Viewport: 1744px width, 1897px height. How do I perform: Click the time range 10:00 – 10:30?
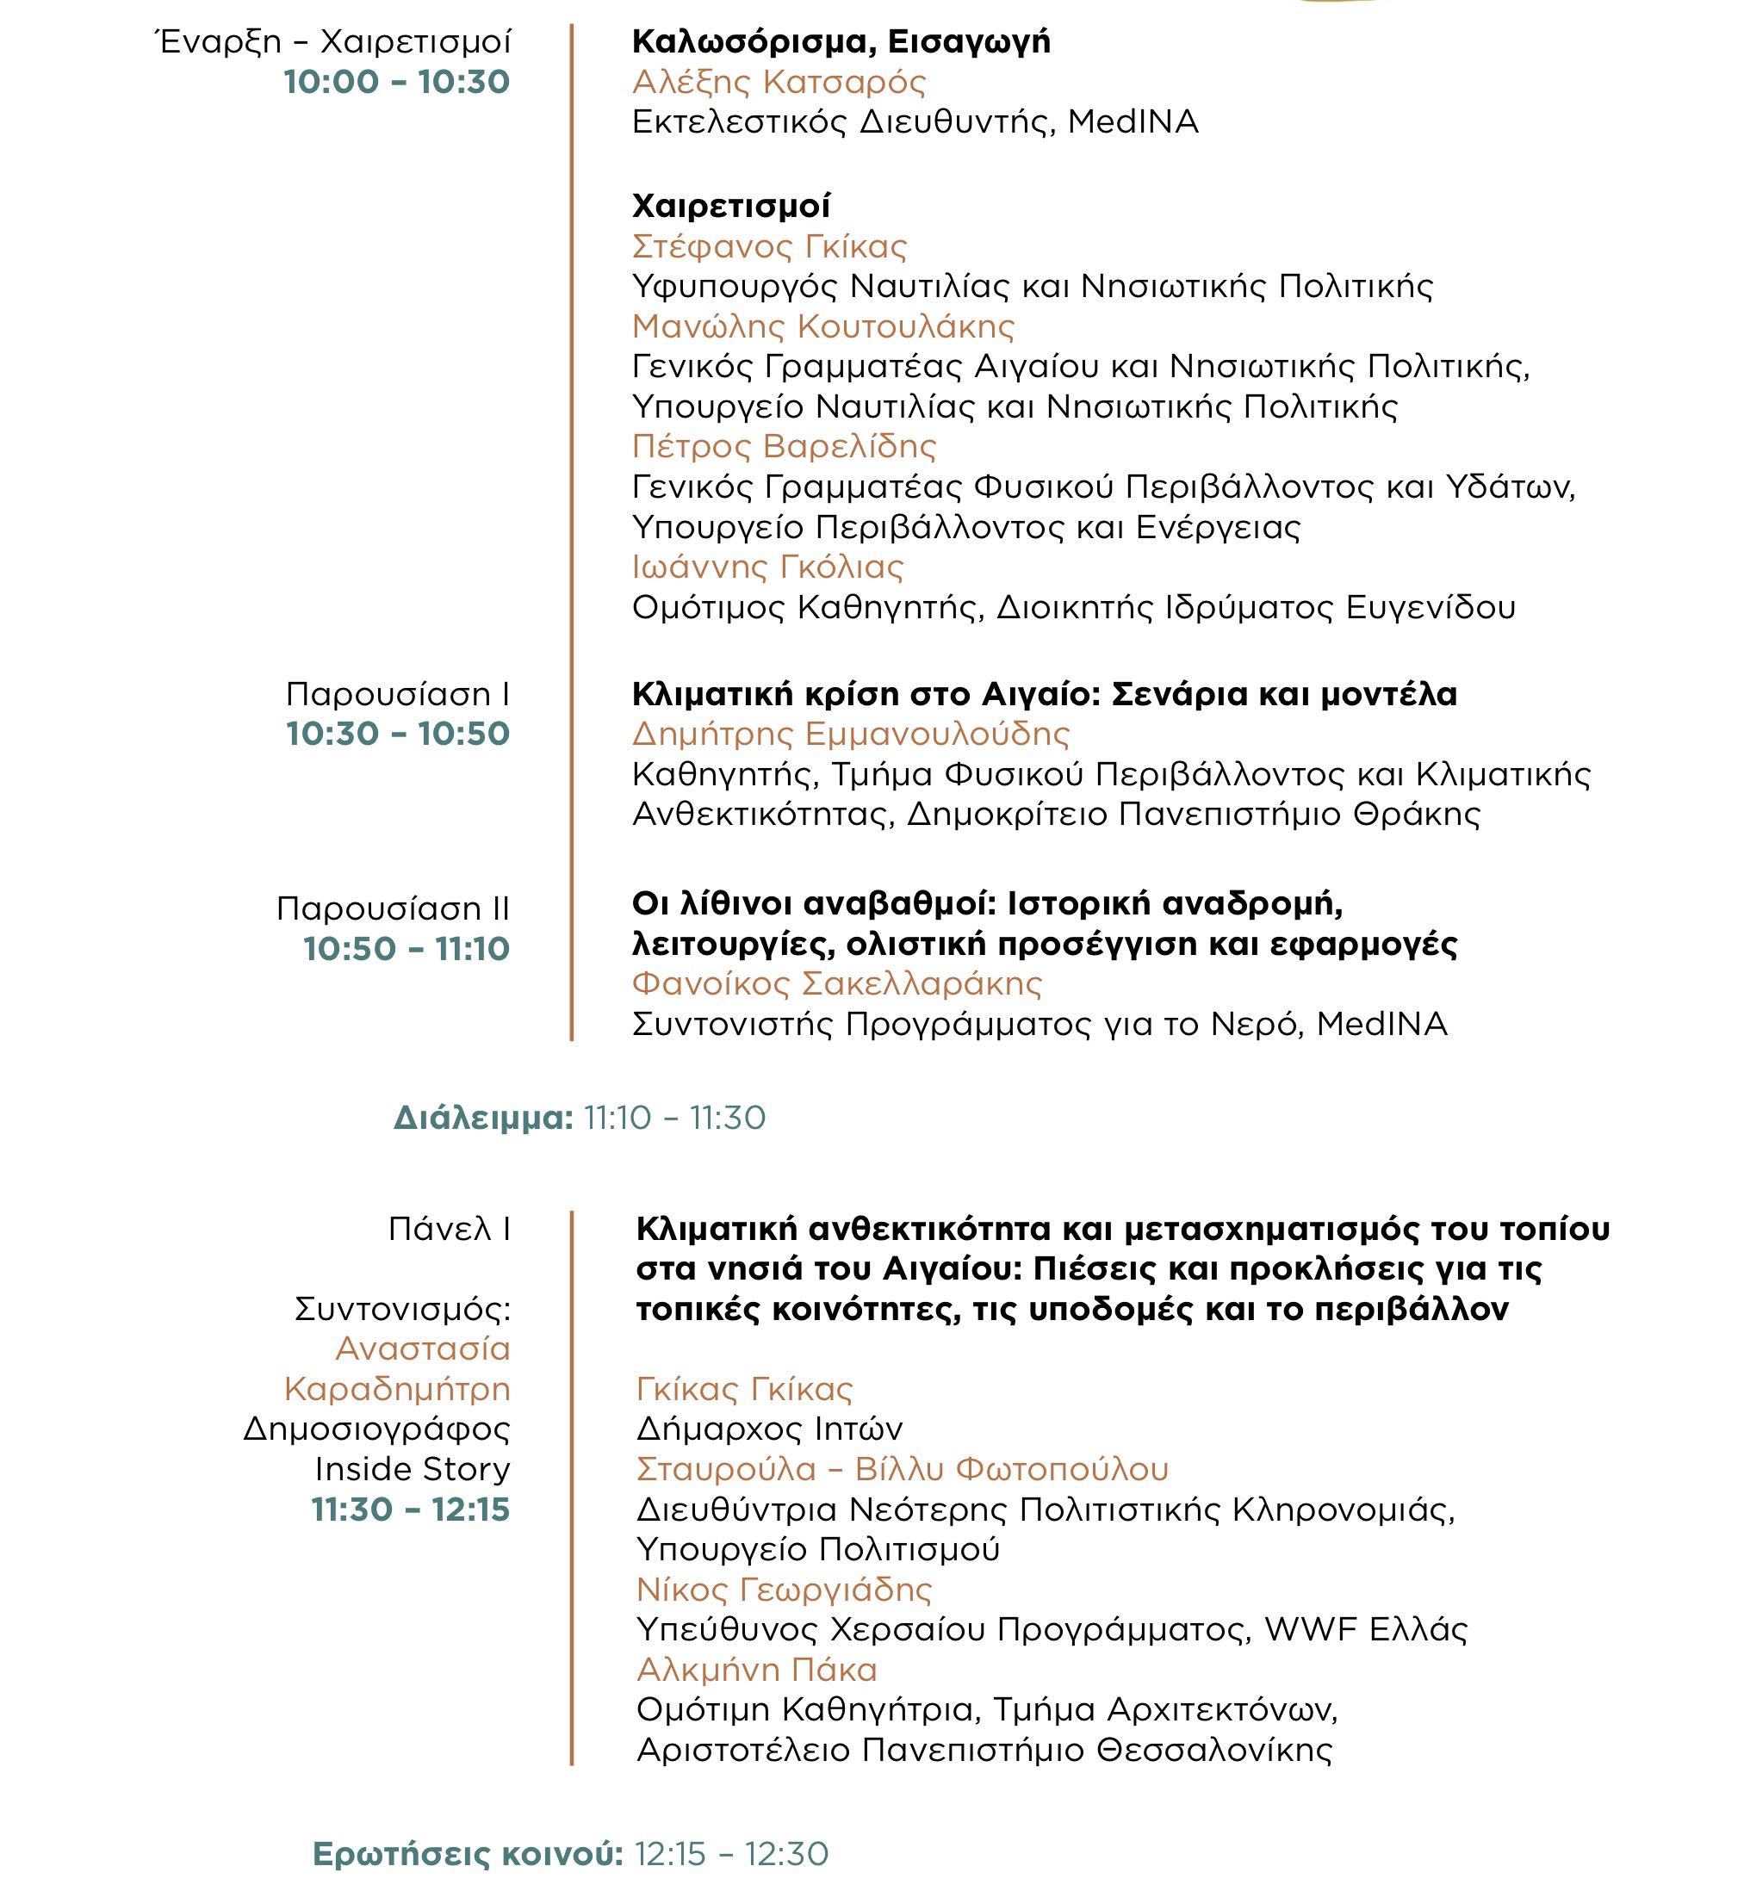point(396,82)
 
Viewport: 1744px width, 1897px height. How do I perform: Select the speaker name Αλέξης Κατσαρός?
point(779,82)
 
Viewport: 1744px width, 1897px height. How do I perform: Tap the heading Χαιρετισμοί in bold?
point(731,206)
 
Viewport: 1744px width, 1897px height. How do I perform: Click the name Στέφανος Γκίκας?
point(769,246)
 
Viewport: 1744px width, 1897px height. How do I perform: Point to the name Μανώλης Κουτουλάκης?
point(823,326)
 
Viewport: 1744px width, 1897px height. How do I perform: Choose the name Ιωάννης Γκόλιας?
point(767,567)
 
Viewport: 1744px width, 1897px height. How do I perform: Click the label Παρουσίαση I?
point(397,695)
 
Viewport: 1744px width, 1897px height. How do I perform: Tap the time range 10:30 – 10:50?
point(397,735)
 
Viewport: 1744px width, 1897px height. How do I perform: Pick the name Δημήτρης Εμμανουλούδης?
point(850,735)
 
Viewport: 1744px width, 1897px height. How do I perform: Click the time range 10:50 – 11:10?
point(406,949)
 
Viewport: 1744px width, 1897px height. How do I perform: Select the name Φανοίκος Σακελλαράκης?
point(837,984)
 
